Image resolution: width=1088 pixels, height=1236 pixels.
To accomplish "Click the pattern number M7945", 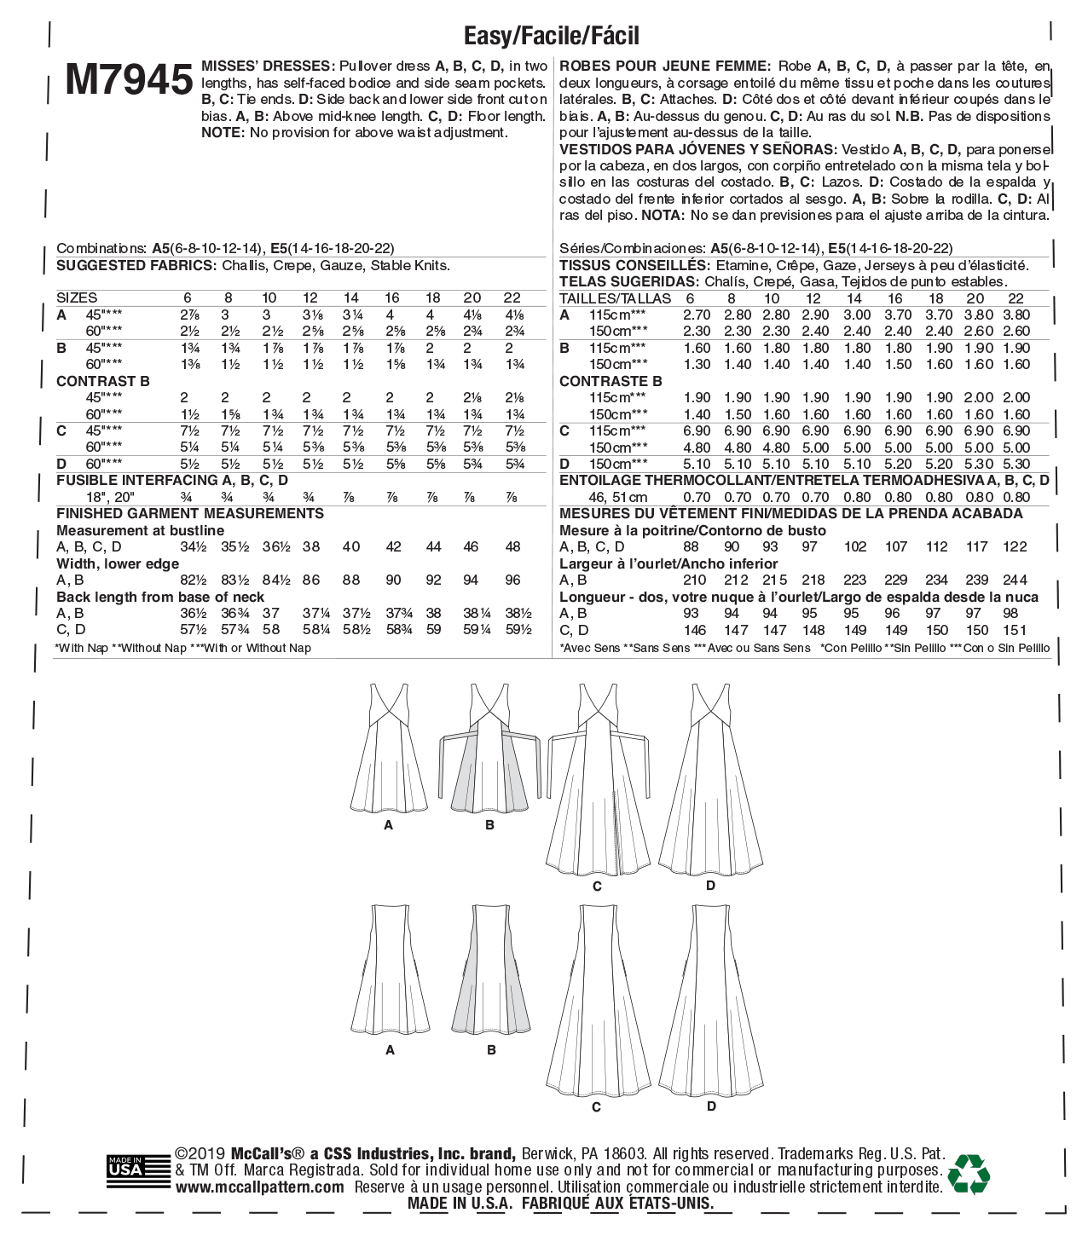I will (x=129, y=81).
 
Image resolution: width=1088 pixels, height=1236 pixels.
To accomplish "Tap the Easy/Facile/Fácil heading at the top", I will (x=551, y=36).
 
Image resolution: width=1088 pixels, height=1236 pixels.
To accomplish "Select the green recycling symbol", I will (x=969, y=1174).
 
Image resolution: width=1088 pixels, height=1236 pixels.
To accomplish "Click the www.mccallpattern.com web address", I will (x=260, y=1187).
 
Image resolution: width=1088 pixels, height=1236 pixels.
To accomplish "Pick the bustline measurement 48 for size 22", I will (x=512, y=547).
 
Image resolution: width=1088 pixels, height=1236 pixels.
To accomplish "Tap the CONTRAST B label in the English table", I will (x=102, y=381).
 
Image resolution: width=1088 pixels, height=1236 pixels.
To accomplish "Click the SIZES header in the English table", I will (x=77, y=297).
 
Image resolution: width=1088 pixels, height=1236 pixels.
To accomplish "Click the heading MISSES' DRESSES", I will (x=267, y=66).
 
